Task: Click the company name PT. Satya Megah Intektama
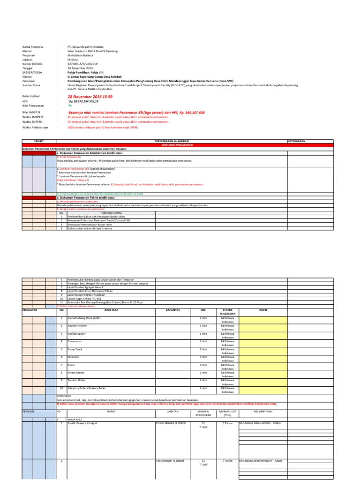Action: click(86, 47)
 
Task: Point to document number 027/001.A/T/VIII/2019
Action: click(82, 63)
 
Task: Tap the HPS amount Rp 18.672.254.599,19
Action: click(83, 101)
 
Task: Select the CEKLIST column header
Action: click(39, 140)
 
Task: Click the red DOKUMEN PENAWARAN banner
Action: click(171, 144)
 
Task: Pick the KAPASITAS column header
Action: click(173, 310)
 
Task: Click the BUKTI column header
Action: click(262, 310)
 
